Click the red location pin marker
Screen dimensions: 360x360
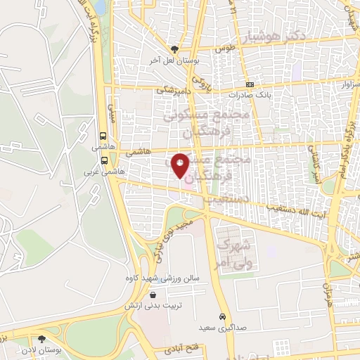pyautogui.click(x=180, y=165)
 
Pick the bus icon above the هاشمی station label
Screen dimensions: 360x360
pyautogui.click(x=104, y=136)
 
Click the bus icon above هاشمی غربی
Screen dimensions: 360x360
pyautogui.click(x=104, y=160)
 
